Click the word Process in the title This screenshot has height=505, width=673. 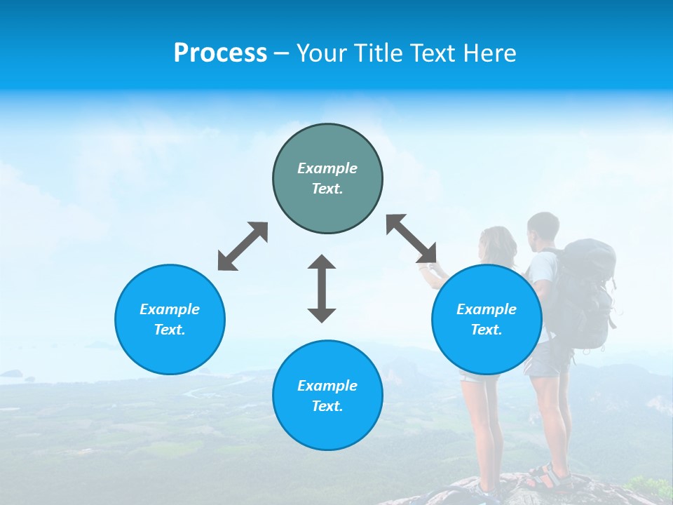click(220, 53)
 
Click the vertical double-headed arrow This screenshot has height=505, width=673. click(322, 288)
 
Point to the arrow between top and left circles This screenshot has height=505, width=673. click(243, 246)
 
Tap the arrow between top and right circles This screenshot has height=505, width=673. click(412, 238)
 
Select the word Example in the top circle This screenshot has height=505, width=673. click(327, 168)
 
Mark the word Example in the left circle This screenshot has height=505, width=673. click(170, 309)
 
